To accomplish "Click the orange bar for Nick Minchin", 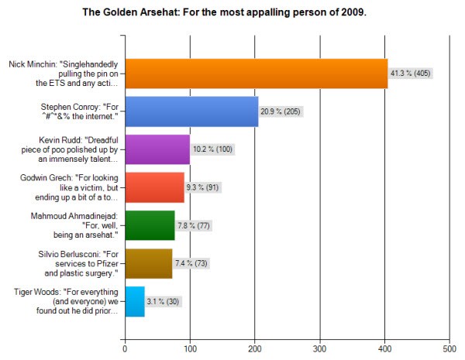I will tap(256, 74).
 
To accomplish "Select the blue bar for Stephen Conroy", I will tap(191, 111).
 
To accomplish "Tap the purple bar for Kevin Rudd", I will tap(157, 149).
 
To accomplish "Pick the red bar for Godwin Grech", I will tap(154, 187).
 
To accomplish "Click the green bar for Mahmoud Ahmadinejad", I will tap(150, 225).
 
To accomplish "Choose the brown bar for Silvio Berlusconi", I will tap(148, 263).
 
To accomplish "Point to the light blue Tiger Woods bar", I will tap(135, 301).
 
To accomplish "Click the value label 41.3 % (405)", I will tap(411, 74).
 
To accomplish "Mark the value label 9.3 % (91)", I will tap(205, 187).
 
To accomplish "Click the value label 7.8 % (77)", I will tap(195, 225).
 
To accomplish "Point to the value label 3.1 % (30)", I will tap(164, 301).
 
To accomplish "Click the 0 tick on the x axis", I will tap(125, 348).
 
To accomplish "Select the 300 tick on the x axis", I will tap(319, 348).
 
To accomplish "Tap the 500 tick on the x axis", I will tap(449, 348).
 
